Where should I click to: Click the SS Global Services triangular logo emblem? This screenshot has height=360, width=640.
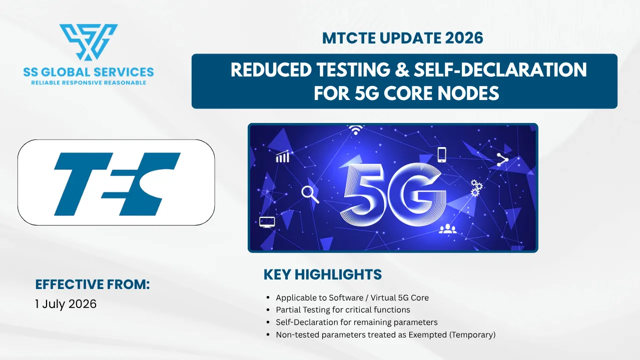click(88, 42)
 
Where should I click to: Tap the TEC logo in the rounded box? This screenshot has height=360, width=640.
click(117, 184)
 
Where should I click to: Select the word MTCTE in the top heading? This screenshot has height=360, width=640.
click(349, 38)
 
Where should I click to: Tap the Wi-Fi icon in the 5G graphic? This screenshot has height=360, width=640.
click(355, 130)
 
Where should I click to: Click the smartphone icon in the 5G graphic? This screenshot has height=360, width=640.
click(442, 154)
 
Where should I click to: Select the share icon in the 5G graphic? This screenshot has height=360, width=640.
click(502, 159)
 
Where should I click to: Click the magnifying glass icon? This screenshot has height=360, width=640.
click(310, 194)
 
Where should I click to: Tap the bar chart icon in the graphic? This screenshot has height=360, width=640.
click(283, 156)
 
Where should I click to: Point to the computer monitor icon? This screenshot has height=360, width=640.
click(267, 222)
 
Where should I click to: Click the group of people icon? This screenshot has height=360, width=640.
click(447, 228)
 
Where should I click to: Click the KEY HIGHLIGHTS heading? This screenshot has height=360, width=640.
click(323, 274)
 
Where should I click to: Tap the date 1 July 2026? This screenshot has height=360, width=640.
click(66, 304)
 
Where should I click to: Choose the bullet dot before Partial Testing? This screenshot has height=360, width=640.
click(268, 310)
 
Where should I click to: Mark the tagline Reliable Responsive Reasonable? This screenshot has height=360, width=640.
click(89, 83)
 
